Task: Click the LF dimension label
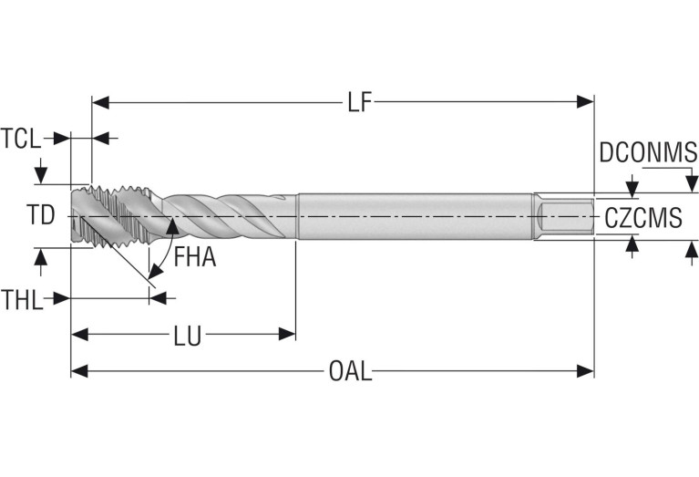click(x=360, y=102)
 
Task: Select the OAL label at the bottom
click(x=350, y=372)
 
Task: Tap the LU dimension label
click(x=188, y=336)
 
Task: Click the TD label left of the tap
click(x=40, y=215)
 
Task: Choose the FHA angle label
click(x=195, y=257)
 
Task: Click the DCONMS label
click(x=647, y=152)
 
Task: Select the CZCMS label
click(x=642, y=217)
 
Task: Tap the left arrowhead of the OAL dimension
click(x=78, y=371)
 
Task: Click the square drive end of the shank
click(x=565, y=217)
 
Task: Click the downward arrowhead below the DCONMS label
click(x=632, y=188)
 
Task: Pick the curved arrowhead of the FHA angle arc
click(x=170, y=226)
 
